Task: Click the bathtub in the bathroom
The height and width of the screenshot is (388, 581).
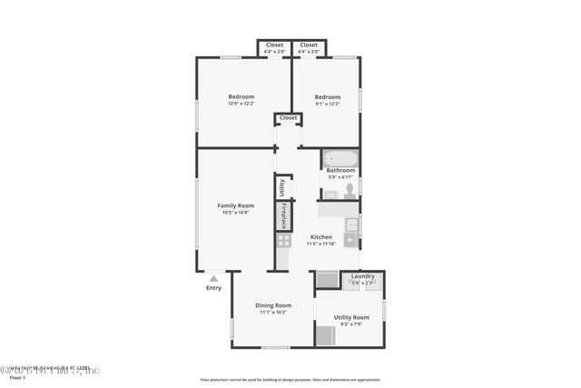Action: point(340,157)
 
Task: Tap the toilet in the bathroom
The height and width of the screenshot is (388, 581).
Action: point(349,190)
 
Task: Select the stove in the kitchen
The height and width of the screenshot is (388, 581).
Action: point(284,241)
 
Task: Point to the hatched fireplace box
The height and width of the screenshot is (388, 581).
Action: point(283,217)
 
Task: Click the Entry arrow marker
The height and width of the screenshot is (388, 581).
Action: point(213,278)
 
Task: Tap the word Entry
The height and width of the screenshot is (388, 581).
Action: point(213,288)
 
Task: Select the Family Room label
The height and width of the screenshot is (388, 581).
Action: point(235,205)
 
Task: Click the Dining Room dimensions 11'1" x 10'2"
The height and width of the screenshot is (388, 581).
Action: point(273,312)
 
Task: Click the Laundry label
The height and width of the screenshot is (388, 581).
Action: point(363,276)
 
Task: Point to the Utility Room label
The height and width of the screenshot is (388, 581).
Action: point(350,317)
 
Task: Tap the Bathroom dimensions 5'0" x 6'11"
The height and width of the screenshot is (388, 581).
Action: point(340,176)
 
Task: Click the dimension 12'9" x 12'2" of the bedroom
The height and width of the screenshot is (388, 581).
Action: point(241,104)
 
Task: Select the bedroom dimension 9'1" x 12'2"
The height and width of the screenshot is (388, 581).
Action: point(327,104)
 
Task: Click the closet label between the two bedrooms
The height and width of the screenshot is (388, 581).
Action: point(288,118)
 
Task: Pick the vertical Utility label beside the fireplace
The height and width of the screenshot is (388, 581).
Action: point(283,187)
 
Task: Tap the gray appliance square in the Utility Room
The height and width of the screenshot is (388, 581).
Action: point(325,335)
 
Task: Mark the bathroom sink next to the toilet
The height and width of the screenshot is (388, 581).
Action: point(330,194)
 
